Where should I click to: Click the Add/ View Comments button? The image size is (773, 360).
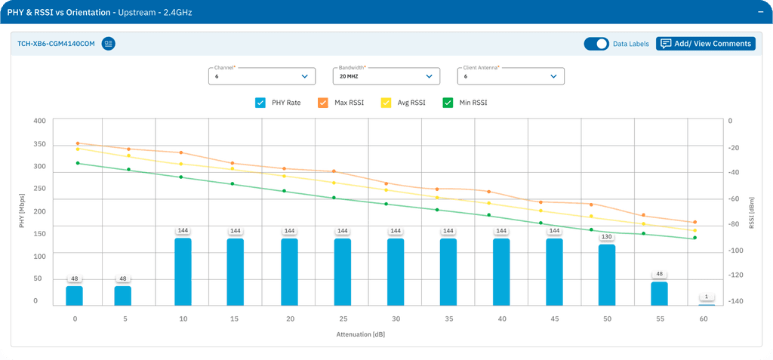pyautogui.click(x=705, y=44)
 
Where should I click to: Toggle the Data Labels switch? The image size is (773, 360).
pyautogui.click(x=596, y=44)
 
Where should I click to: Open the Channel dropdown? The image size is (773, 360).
pyautogui.click(x=261, y=75)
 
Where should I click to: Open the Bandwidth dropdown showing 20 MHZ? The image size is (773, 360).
pyautogui.click(x=386, y=75)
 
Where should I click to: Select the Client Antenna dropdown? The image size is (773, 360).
pyautogui.click(x=510, y=75)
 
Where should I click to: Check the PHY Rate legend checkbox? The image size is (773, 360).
pyautogui.click(x=260, y=102)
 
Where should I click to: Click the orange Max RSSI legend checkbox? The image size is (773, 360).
pyautogui.click(x=322, y=102)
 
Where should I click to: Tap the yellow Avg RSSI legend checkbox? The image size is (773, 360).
pyautogui.click(x=386, y=102)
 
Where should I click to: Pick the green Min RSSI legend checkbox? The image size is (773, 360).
pyautogui.click(x=448, y=102)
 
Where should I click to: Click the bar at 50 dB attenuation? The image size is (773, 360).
pyautogui.click(x=607, y=275)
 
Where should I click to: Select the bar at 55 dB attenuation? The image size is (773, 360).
pyautogui.click(x=660, y=294)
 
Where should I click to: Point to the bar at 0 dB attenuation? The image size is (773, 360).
pyautogui.click(x=74, y=295)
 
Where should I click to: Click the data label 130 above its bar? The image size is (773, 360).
pyautogui.click(x=607, y=237)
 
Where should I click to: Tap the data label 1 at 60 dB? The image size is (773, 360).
pyautogui.click(x=707, y=297)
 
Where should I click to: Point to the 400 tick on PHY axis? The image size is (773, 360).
pyautogui.click(x=40, y=121)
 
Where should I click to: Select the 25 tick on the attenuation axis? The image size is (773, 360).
pyautogui.click(x=343, y=319)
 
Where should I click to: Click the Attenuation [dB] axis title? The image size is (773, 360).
pyautogui.click(x=361, y=334)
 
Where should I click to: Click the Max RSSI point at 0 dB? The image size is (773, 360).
pyautogui.click(x=77, y=143)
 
